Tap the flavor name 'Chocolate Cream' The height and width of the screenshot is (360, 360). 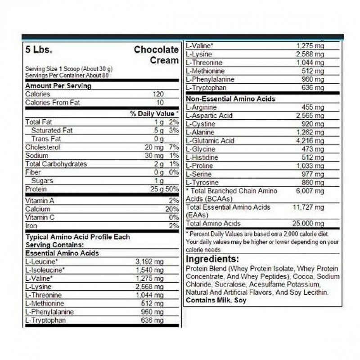pos(156,55)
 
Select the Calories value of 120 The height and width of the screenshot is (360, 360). pos(158,94)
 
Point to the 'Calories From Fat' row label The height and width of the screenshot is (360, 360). pos(53,103)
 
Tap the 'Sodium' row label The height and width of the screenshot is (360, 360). pos(36,156)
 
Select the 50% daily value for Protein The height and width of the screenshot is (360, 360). pos(173,189)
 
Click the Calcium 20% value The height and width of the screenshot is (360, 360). pos(172,209)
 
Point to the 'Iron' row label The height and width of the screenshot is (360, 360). pos(31,226)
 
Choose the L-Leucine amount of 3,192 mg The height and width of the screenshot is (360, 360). pos(150,261)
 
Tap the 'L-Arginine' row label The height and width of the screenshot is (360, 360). pos(201,108)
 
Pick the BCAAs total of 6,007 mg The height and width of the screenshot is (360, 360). pos(310,191)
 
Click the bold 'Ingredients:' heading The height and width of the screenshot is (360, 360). pos(212,259)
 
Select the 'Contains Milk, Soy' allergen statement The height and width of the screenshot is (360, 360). pos(216,300)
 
